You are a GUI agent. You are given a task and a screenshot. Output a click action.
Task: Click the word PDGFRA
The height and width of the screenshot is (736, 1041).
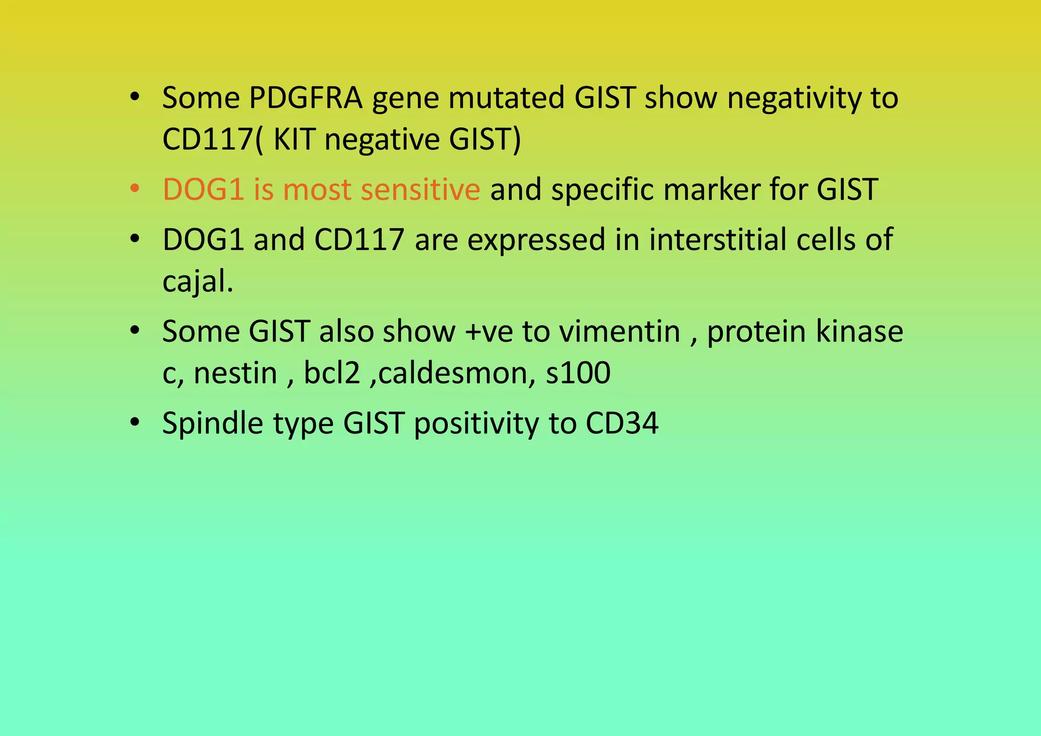(305, 98)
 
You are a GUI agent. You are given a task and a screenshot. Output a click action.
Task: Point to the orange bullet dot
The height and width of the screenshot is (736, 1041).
(135, 189)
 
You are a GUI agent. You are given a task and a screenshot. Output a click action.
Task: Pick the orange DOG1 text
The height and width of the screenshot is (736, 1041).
(203, 189)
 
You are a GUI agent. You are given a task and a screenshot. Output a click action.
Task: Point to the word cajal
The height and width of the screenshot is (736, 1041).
(197, 281)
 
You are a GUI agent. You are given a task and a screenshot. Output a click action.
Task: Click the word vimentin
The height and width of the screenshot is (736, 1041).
(620, 331)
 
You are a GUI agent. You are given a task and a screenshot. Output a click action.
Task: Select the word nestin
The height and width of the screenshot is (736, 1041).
(235, 373)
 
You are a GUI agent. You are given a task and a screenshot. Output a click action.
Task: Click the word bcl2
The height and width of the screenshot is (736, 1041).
(332, 373)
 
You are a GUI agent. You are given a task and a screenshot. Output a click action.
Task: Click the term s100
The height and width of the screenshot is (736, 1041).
(578, 373)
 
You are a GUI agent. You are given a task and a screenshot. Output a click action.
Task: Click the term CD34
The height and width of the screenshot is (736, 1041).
(622, 423)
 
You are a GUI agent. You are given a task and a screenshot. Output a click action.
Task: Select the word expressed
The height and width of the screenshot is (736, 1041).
(536, 239)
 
